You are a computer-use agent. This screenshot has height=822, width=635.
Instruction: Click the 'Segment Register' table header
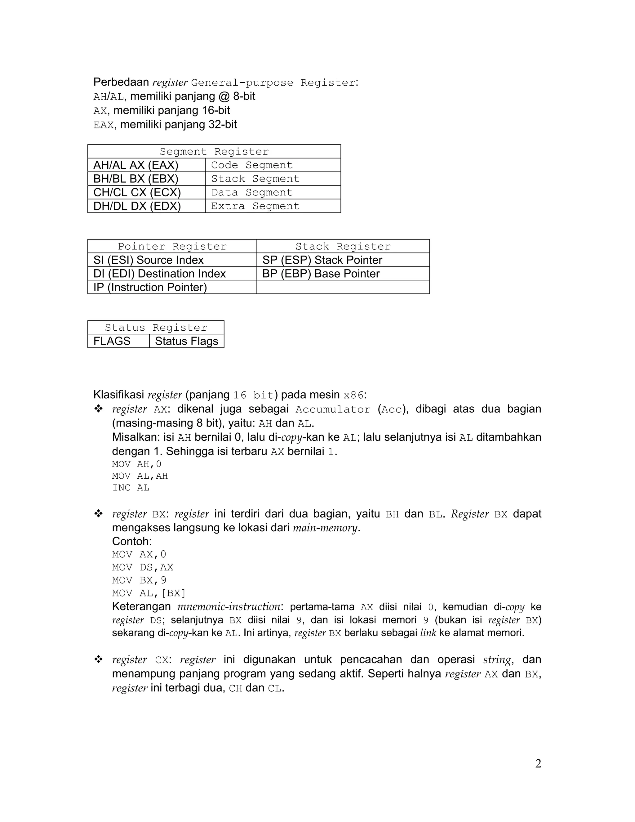(214, 152)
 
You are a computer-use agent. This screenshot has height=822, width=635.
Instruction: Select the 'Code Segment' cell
(252, 165)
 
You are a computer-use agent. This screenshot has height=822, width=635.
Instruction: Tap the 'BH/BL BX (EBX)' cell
(136, 179)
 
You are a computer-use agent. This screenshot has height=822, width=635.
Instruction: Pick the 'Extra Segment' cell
(255, 206)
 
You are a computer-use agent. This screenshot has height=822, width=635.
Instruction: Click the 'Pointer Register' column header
(172, 247)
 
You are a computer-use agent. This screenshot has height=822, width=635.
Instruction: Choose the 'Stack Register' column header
(343, 247)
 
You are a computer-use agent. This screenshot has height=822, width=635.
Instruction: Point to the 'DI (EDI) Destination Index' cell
(159, 274)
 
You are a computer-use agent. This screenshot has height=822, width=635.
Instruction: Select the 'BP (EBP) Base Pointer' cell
(321, 274)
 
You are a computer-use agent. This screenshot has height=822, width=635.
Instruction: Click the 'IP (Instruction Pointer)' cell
(150, 287)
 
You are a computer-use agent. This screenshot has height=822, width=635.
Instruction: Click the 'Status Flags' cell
(187, 341)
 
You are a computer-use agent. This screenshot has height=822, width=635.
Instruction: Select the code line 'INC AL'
(131, 488)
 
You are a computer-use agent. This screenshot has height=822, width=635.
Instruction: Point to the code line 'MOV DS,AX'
(143, 567)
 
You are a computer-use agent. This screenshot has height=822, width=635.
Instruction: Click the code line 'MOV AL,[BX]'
(149, 593)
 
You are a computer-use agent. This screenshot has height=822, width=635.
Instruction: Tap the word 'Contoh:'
(132, 542)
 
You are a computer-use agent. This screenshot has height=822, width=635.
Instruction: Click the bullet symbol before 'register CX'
(99, 659)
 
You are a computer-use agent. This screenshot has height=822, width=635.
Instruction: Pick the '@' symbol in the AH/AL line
(222, 96)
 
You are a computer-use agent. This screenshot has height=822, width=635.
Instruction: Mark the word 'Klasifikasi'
(118, 395)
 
